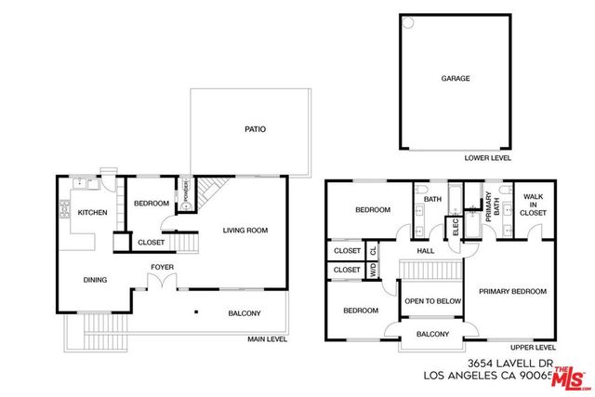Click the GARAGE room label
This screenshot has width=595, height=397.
tap(455, 78)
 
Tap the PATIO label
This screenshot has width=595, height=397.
tap(255, 129)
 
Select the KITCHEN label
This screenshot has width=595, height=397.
tap(92, 213)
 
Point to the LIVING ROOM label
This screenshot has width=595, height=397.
tap(245, 230)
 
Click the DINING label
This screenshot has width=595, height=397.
tap(95, 279)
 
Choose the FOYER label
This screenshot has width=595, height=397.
tap(163, 269)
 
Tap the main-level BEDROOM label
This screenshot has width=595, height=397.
tap(151, 204)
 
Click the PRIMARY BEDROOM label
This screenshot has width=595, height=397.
tap(512, 291)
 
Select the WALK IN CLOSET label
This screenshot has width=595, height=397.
tap(533, 205)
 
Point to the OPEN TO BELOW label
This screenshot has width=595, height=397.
tap(432, 301)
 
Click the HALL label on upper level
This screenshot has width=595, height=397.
tap(426, 250)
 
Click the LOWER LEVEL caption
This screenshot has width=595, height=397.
tap(486, 158)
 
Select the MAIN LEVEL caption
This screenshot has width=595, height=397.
tap(267, 339)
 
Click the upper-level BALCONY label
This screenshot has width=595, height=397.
tap(432, 335)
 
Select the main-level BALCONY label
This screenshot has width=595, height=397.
tap(245, 313)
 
